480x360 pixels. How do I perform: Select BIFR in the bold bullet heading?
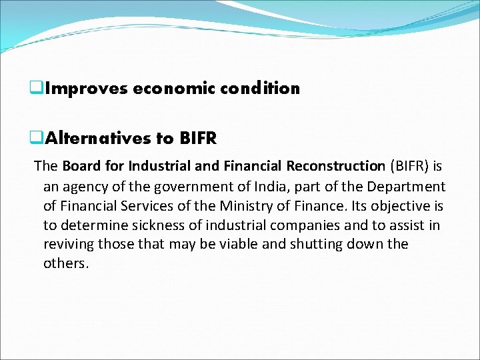tap(198, 139)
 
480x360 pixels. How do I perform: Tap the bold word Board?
tap(82, 166)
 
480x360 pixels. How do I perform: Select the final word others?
tap(65, 263)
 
